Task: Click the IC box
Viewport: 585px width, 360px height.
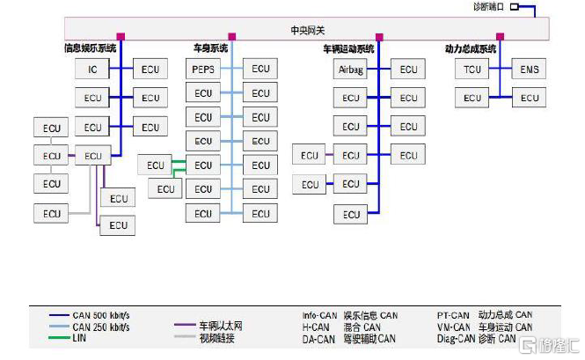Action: (92, 69)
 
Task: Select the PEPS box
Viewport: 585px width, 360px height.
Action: (203, 69)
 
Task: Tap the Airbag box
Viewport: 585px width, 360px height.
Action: (351, 69)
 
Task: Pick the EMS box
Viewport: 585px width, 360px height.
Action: (530, 69)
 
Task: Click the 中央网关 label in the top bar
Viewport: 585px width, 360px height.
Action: (308, 31)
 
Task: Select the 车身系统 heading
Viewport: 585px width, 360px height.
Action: (211, 48)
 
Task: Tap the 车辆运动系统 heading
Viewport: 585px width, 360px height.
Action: (348, 48)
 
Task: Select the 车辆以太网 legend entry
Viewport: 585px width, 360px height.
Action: (220, 327)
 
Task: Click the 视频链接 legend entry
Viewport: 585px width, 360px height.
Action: (216, 338)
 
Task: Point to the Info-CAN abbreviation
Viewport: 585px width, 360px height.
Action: (318, 314)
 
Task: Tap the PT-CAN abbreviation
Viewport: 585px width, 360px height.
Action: (453, 314)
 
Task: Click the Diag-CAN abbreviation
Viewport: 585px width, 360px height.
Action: (456, 338)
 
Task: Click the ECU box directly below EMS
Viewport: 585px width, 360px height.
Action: (530, 97)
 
